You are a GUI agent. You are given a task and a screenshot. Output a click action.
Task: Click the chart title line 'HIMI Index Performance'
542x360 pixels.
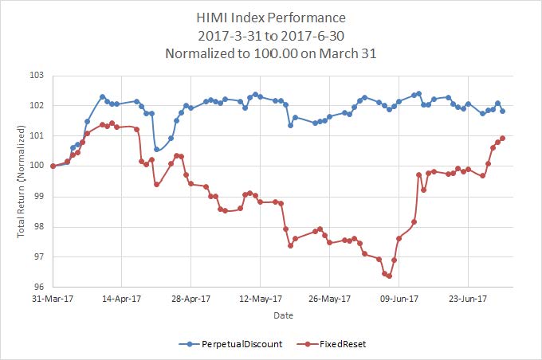pyautogui.click(x=270, y=17)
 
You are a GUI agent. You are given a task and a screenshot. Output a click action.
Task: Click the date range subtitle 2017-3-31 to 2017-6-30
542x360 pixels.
pyautogui.click(x=270, y=36)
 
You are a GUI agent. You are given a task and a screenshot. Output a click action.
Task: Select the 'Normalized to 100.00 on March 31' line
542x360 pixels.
pyautogui.click(x=270, y=54)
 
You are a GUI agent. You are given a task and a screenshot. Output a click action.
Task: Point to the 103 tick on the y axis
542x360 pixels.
pyautogui.click(x=38, y=76)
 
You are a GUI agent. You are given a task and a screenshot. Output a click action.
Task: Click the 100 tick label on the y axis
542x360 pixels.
pyautogui.click(x=38, y=166)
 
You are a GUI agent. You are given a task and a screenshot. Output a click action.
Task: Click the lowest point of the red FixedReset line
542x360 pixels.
pyautogui.click(x=389, y=276)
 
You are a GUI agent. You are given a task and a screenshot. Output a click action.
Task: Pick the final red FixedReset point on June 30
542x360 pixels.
pyautogui.click(x=502, y=138)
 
